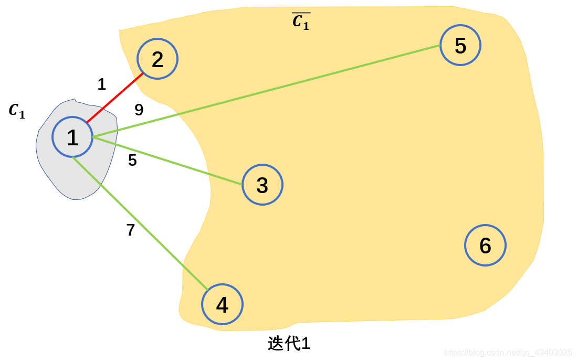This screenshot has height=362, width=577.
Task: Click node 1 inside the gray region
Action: pos(72,137)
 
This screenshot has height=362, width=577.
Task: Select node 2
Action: pos(158,59)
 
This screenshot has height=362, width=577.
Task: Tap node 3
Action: pos(263,185)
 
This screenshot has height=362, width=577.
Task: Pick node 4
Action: pos(223,305)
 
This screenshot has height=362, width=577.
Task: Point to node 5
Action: pos(460,45)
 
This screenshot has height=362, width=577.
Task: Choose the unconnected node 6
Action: pos(485,245)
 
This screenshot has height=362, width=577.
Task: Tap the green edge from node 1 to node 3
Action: pos(168,161)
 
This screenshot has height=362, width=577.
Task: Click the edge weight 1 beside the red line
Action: pos(102,84)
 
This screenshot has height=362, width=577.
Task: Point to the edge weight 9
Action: pos(139,110)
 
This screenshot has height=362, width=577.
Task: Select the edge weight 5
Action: pos(132,161)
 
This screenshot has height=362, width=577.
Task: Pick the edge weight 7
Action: pos(131,230)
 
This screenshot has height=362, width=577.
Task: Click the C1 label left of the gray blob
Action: pos(17,111)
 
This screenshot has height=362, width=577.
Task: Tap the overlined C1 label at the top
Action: pos(301,22)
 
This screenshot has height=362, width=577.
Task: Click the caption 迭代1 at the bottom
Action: pos(289,344)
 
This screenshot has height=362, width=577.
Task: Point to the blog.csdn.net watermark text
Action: pos(508,352)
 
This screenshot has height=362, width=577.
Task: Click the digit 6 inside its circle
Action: pos(485,246)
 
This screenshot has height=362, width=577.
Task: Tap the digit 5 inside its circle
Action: pos(460,46)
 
